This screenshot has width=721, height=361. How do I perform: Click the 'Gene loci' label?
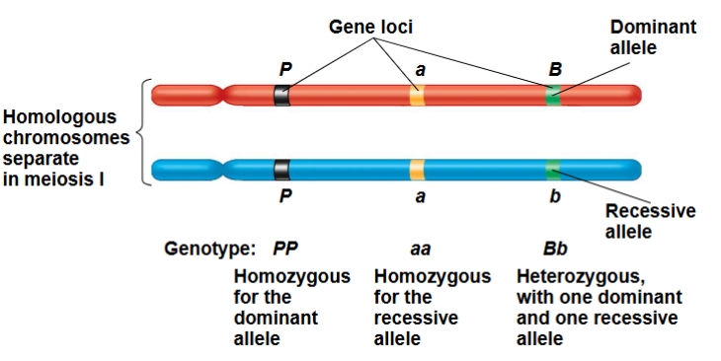tap(370, 27)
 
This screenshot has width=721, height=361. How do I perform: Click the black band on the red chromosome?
tap(282, 96)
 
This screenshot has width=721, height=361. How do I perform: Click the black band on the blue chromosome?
tap(282, 169)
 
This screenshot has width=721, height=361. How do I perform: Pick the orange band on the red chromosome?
tap(418, 96)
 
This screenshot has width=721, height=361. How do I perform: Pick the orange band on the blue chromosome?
tap(418, 169)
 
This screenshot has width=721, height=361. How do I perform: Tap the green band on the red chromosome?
tap(553, 96)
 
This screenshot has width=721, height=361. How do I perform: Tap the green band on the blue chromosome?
tap(553, 169)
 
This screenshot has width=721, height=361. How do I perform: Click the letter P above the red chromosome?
tap(285, 69)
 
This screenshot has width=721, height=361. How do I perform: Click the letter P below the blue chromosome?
tap(285, 197)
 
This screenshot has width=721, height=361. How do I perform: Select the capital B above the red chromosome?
tap(555, 69)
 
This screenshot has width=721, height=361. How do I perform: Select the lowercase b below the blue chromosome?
tap(555, 197)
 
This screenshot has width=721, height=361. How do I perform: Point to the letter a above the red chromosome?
tap(419, 70)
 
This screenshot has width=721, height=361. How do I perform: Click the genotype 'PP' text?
tap(285, 248)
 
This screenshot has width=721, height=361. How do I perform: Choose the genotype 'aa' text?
tap(420, 249)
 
